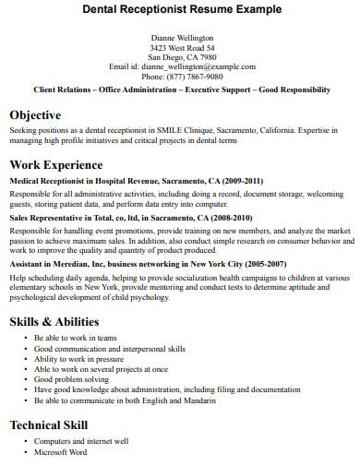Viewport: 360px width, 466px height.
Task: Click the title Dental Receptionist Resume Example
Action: click(x=181, y=8)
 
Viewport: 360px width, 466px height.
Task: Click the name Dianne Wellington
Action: click(x=181, y=37)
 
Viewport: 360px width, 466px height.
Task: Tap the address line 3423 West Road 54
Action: click(x=181, y=47)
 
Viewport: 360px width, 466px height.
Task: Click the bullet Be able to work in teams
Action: click(x=74, y=338)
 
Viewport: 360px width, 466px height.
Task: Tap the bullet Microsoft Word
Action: click(x=60, y=453)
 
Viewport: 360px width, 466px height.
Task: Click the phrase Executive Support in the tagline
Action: click(x=222, y=90)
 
